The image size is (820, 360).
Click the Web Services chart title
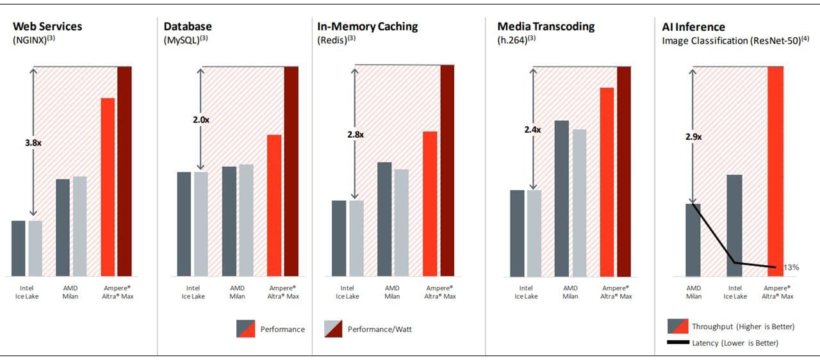tap(47, 27)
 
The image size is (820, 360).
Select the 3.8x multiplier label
tap(33, 143)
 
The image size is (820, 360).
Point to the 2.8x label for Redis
tap(356, 135)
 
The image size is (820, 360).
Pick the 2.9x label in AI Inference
tap(693, 136)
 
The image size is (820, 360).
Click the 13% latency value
tap(791, 267)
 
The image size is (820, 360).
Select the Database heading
tap(188, 27)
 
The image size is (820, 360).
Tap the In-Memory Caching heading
tap(368, 27)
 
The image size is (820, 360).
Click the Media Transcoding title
tap(546, 27)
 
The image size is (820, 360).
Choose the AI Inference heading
tap(693, 27)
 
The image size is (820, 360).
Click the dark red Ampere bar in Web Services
tap(124, 171)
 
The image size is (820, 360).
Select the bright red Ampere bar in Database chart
tap(274, 205)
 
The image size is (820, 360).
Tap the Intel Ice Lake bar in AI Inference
tap(735, 225)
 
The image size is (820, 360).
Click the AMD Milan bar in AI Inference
tap(693, 240)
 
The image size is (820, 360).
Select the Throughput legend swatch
tap(677, 326)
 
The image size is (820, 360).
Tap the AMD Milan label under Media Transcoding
tap(571, 292)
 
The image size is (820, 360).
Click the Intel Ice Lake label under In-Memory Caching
tap(347, 292)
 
